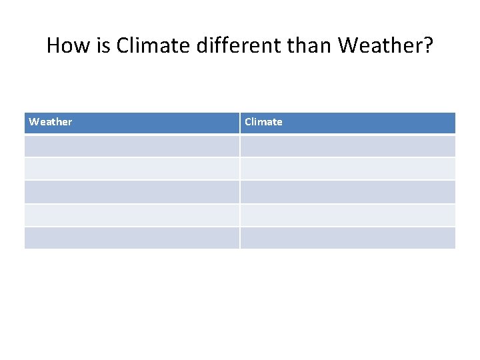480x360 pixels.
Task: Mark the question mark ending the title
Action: (428, 45)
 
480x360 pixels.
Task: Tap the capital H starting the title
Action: (53, 45)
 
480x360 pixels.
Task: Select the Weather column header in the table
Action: (51, 122)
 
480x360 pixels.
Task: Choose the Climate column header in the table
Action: (263, 122)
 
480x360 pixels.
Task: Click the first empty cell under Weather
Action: (131, 146)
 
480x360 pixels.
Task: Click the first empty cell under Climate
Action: (347, 146)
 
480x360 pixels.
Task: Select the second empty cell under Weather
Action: (131, 169)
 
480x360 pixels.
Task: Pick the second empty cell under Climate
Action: (347, 169)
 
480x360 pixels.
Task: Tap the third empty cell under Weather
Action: (131, 192)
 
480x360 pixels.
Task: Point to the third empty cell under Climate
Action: (347, 192)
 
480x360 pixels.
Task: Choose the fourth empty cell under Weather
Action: (131, 215)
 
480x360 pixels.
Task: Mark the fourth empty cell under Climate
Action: (347, 215)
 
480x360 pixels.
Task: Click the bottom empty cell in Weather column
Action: (131, 238)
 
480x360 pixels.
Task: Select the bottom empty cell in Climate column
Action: (347, 238)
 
